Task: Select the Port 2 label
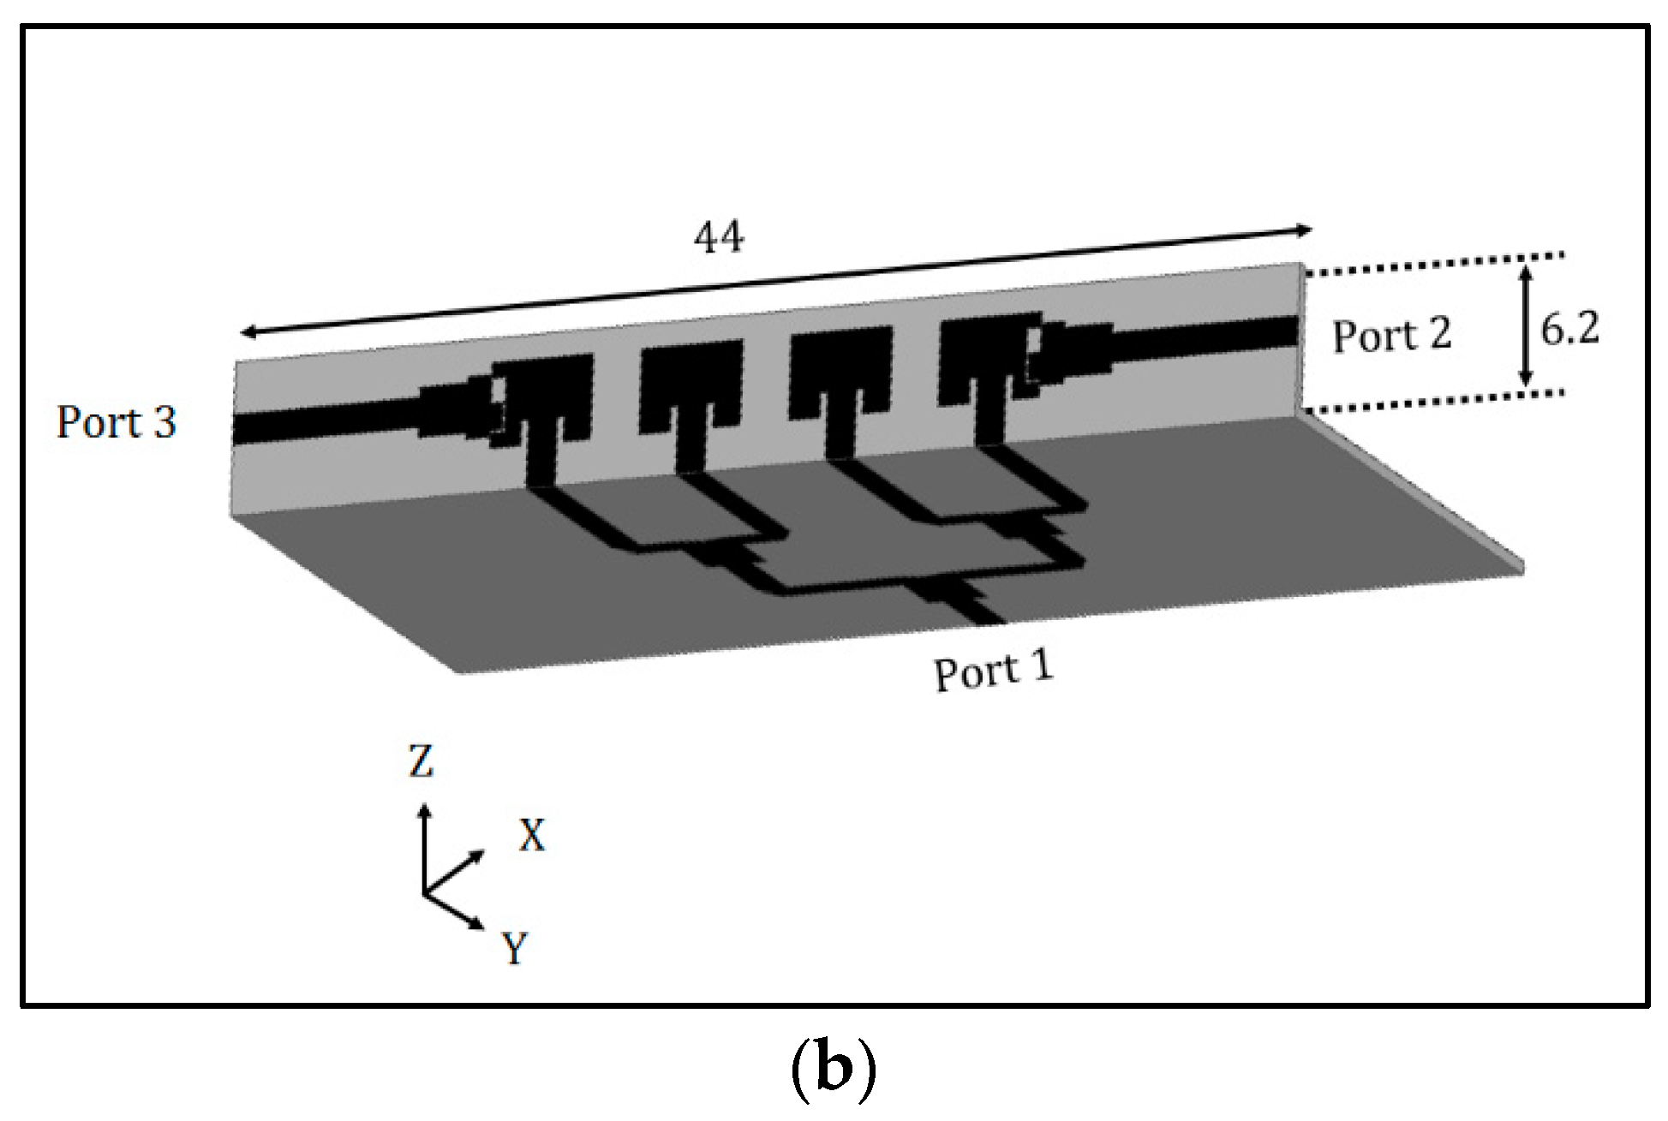click(x=1391, y=335)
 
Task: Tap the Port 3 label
click(x=117, y=422)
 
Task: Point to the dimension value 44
click(x=718, y=238)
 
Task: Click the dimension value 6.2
click(x=1569, y=329)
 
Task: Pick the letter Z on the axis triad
click(x=421, y=761)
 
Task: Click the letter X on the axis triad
click(x=532, y=835)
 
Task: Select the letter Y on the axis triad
click(x=515, y=948)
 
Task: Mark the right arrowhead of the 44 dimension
click(x=1305, y=230)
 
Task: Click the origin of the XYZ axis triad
click(x=423, y=893)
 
